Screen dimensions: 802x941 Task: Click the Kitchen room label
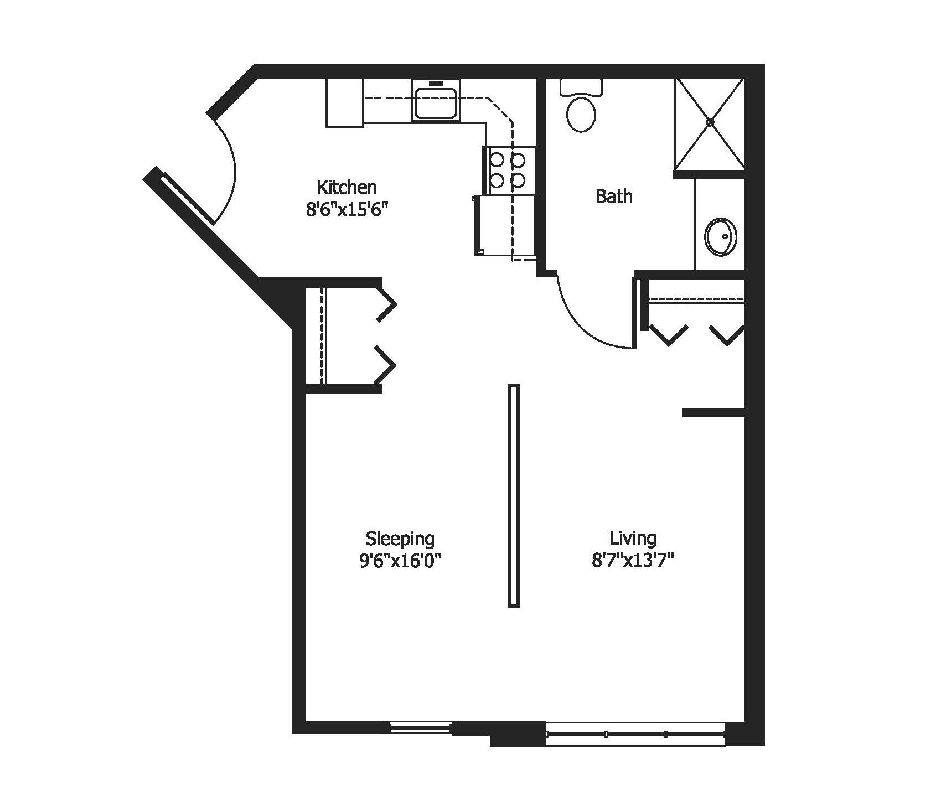pyautogui.click(x=347, y=188)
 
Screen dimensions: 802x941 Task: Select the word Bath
pyautogui.click(x=614, y=196)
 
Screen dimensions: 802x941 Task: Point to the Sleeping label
pyautogui.click(x=400, y=538)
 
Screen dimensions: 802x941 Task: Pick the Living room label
pyautogui.click(x=633, y=538)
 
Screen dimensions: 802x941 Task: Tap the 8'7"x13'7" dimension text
pyautogui.click(x=633, y=561)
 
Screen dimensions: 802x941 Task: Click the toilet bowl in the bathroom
pyautogui.click(x=581, y=115)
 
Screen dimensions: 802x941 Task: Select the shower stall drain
pyautogui.click(x=711, y=122)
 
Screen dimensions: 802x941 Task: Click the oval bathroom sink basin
pyautogui.click(x=720, y=237)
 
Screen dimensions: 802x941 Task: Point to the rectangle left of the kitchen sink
pyautogui.click(x=344, y=103)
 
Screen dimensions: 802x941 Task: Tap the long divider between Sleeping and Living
pyautogui.click(x=514, y=495)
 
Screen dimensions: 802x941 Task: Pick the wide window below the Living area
pyautogui.click(x=635, y=734)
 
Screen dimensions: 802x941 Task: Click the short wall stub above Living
pyautogui.click(x=713, y=413)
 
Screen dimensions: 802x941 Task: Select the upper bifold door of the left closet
pyautogui.click(x=386, y=304)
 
